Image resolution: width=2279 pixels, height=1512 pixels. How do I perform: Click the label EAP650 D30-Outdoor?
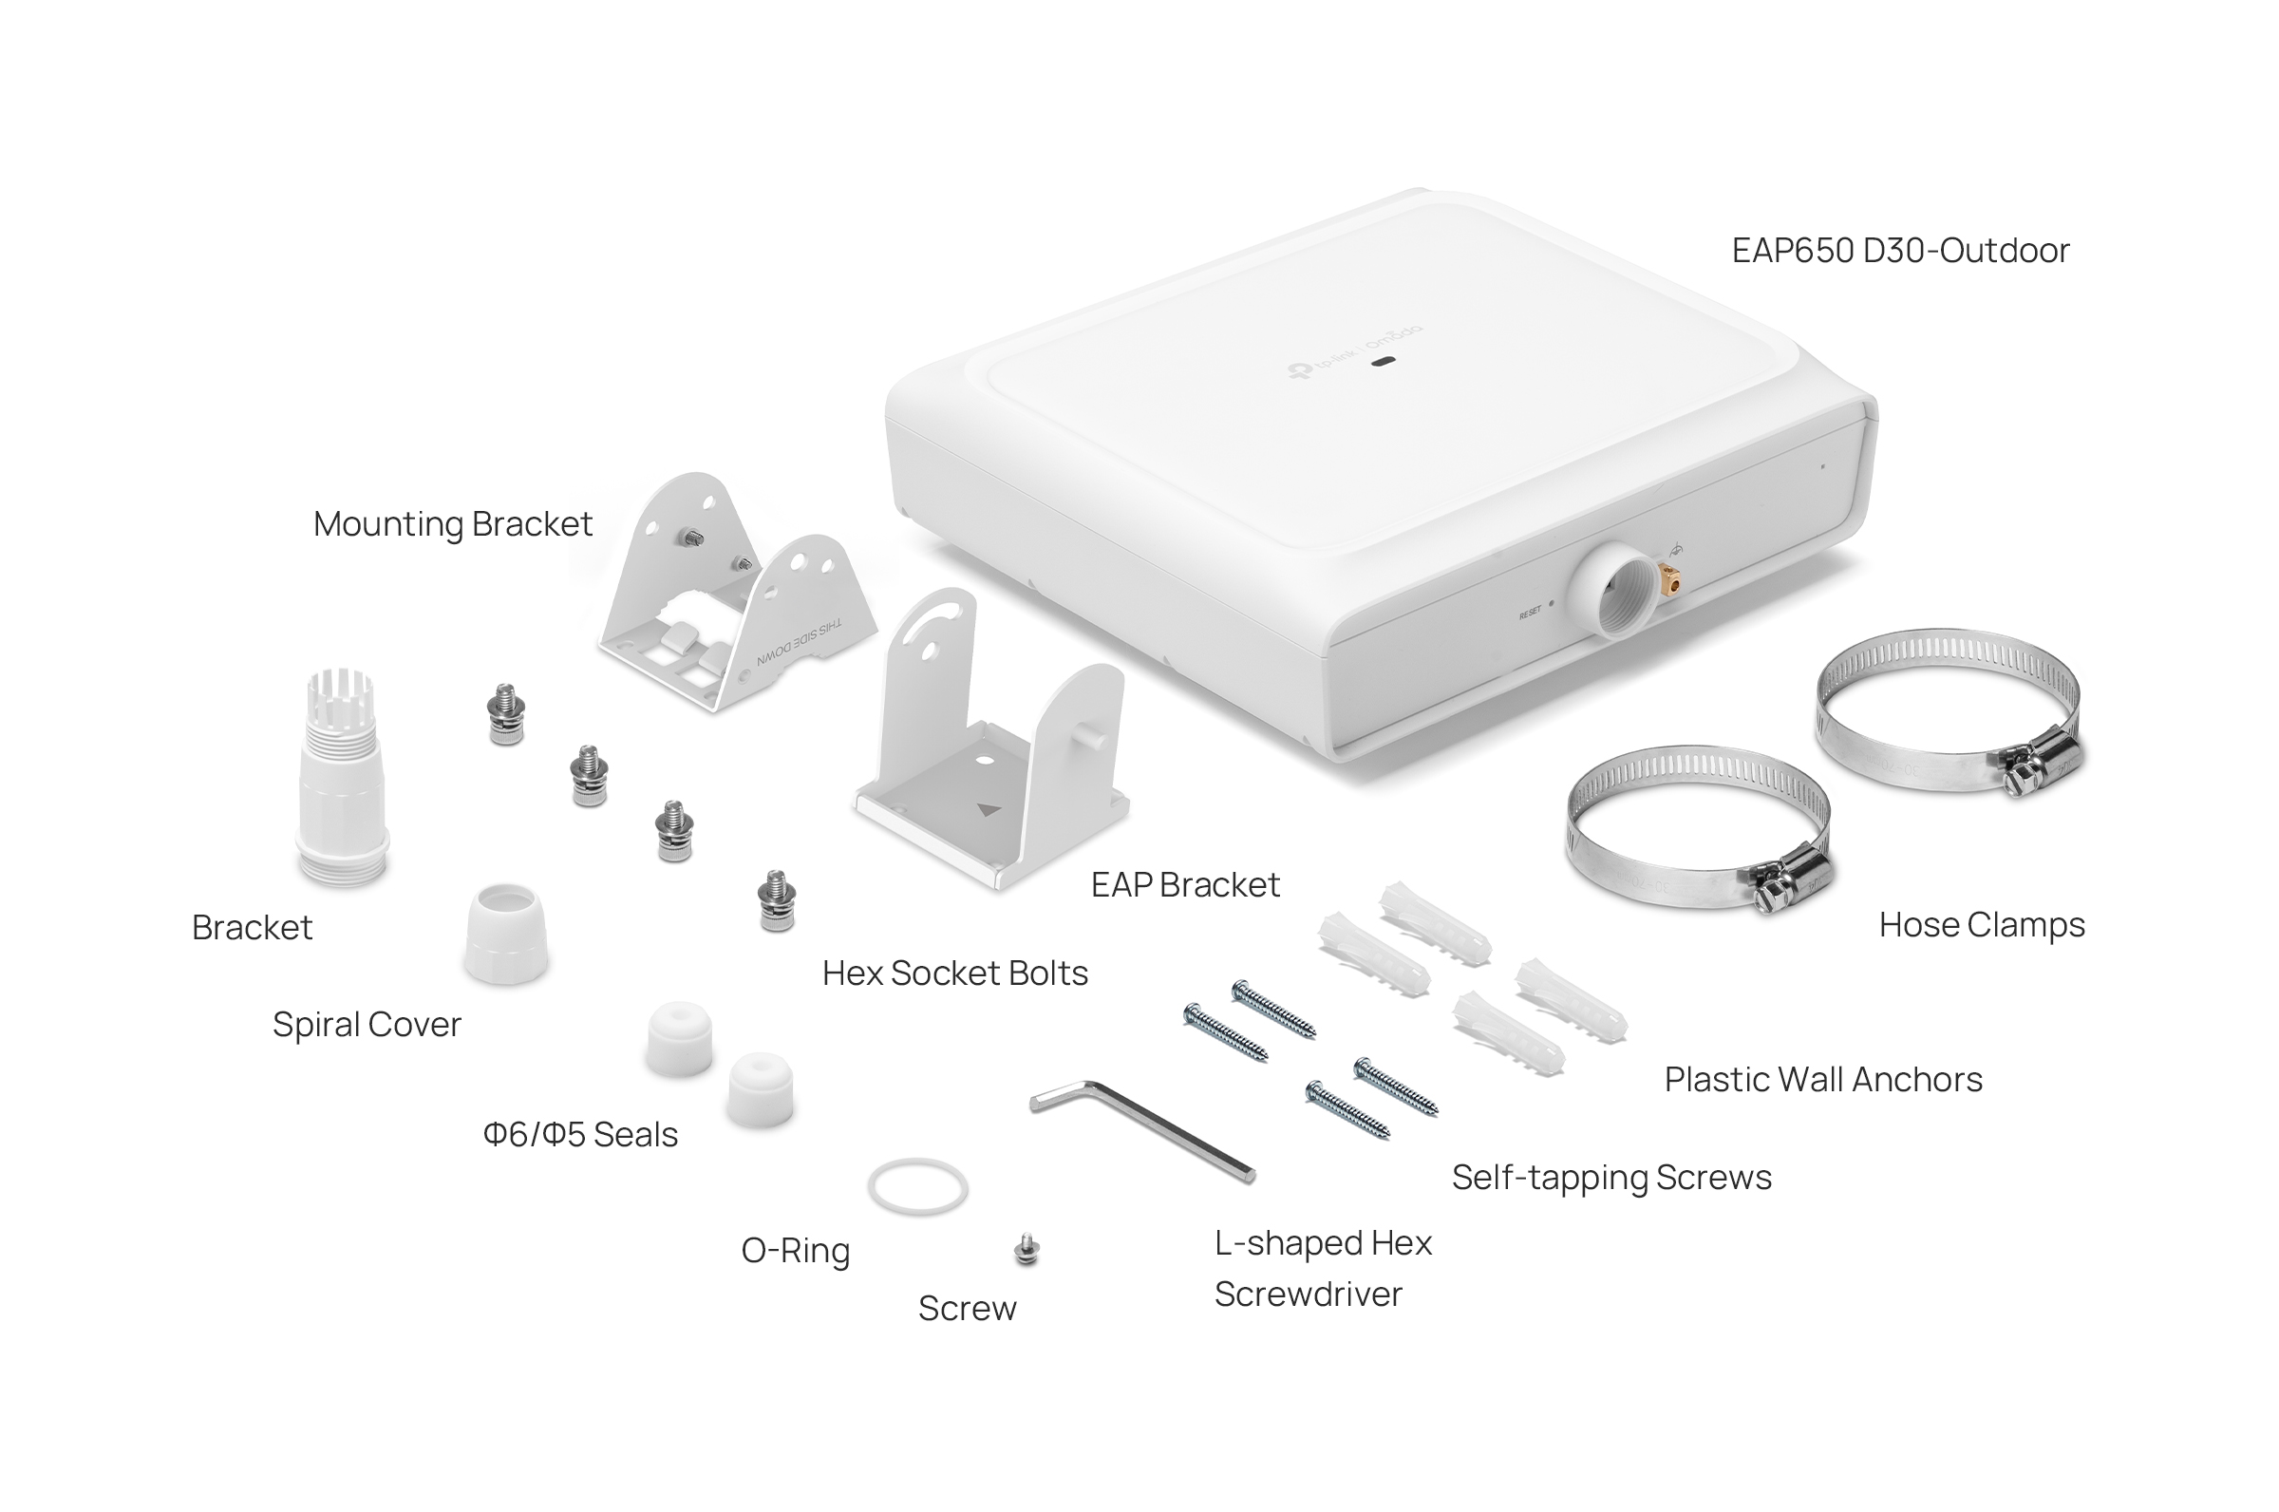click(x=1899, y=251)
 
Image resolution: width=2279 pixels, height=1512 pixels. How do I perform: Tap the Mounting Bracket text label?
click(x=452, y=523)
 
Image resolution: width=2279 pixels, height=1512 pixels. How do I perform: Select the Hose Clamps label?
click(x=1981, y=925)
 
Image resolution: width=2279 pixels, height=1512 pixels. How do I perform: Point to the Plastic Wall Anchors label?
click(x=1822, y=1079)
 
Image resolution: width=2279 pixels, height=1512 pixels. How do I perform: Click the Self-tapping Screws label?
click(x=1610, y=1178)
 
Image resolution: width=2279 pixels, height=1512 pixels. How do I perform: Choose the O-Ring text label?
click(x=796, y=1251)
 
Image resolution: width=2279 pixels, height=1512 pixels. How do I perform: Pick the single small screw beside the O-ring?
click(x=1026, y=1250)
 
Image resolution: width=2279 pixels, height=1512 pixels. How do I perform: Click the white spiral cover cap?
click(x=506, y=933)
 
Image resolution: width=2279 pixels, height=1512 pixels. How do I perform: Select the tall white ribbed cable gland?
click(x=341, y=777)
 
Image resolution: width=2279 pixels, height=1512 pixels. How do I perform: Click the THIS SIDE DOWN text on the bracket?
click(x=799, y=643)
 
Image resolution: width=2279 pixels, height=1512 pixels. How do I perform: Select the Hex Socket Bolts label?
click(x=954, y=973)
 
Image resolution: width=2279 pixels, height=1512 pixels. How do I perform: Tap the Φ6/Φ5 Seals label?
click(x=579, y=1135)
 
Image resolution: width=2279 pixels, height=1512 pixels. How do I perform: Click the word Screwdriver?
click(x=1308, y=1295)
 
